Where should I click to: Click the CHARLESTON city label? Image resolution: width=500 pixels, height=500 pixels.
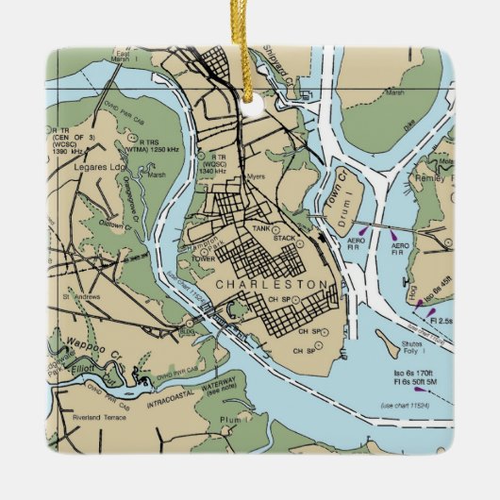click(x=272, y=284)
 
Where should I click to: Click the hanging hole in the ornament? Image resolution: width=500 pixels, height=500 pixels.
click(x=250, y=107)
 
